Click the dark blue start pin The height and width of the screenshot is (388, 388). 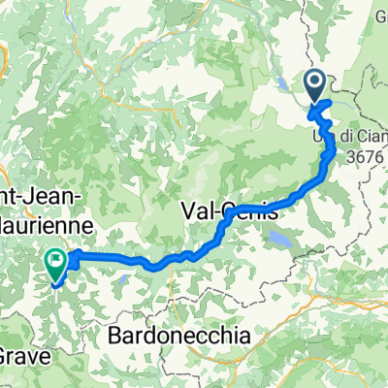[315, 84]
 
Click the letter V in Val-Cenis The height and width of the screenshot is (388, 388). [190, 210]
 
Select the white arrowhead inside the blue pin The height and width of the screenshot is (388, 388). [315, 81]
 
